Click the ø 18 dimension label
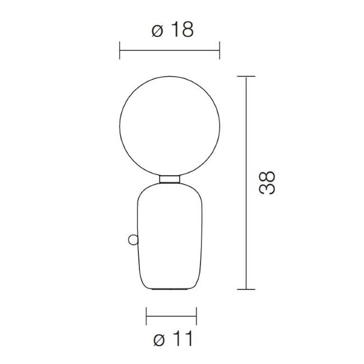click(x=172, y=30)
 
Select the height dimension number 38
click(x=267, y=183)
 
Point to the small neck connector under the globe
click(x=170, y=179)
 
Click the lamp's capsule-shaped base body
click(x=170, y=235)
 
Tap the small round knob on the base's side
click(x=133, y=240)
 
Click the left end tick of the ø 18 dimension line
click(x=120, y=50)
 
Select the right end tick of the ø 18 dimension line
click(x=220, y=50)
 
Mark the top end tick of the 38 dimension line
click(x=246, y=76)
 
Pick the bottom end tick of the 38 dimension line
click(x=246, y=289)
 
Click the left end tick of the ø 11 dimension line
click(x=146, y=316)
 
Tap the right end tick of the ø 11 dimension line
click(x=197, y=316)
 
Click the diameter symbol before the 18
click(x=157, y=31)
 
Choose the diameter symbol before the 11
click(x=159, y=339)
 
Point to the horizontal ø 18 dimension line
click(x=170, y=50)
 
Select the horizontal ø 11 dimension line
click(x=171, y=316)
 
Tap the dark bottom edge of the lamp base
click(x=170, y=289)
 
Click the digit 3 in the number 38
click(x=268, y=189)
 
